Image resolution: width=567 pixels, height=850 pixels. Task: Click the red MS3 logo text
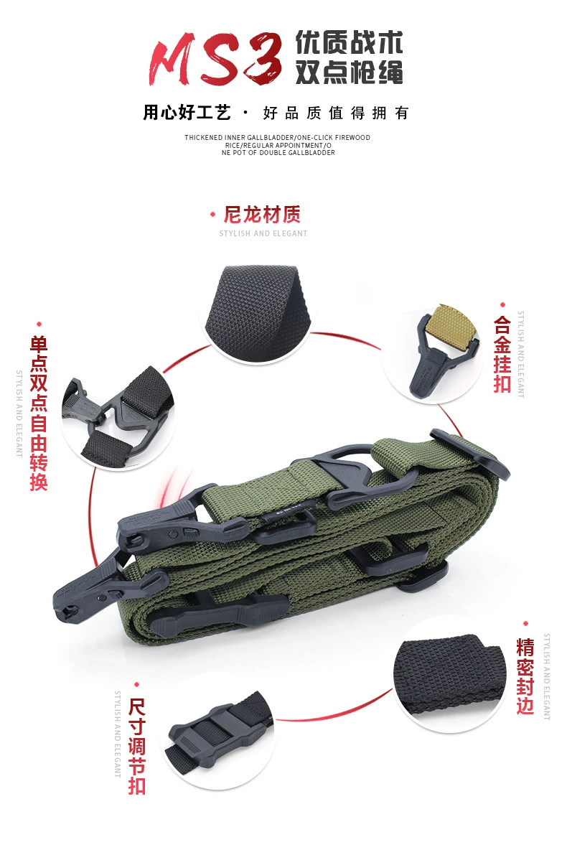point(216,58)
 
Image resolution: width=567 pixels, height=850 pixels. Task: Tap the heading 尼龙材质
point(263,215)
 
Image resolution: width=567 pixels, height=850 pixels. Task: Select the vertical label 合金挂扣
point(502,355)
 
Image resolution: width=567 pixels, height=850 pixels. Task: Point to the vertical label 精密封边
point(525,676)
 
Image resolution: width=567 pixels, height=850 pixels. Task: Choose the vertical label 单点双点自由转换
point(39,413)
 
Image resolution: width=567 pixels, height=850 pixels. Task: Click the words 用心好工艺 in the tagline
point(187,112)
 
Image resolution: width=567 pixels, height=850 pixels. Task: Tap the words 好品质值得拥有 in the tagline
point(336,113)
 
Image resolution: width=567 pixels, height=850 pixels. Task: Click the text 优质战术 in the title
point(349,43)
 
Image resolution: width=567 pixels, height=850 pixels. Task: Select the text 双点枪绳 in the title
point(349,72)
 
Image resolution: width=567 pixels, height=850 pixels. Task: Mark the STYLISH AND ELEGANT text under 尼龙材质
point(263,233)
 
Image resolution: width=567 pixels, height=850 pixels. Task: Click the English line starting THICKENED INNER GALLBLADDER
point(278,137)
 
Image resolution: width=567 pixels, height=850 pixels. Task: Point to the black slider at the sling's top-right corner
point(469,455)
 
